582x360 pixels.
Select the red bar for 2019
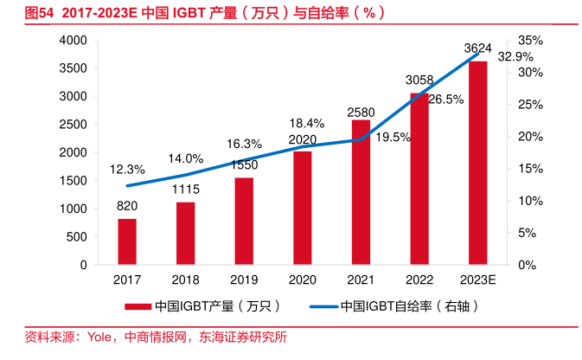point(244,221)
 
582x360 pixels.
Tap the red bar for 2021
point(361,192)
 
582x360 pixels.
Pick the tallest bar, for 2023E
point(477,163)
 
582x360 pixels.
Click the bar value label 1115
point(186,190)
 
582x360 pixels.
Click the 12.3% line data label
point(127,170)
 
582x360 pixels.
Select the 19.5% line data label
point(394,137)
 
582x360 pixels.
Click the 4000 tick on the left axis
point(73,41)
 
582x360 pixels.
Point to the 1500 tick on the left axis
point(73,181)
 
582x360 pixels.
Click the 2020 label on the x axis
point(302,280)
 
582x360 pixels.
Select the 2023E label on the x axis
point(477,280)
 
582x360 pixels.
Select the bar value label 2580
point(361,112)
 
